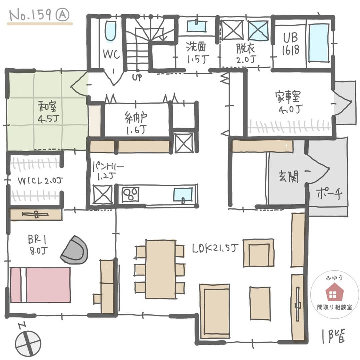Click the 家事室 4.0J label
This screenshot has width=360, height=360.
tap(288, 102)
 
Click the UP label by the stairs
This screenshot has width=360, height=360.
tap(136, 78)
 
